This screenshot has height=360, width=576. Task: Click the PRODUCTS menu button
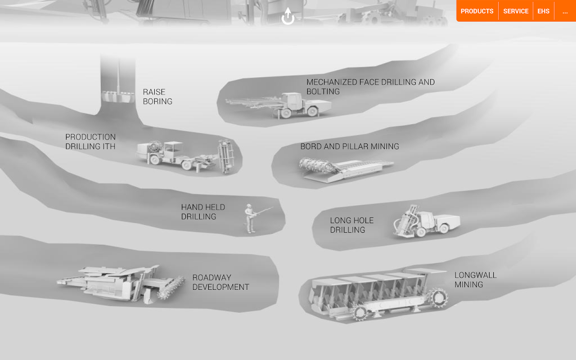477,11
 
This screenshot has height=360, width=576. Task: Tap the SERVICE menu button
516,11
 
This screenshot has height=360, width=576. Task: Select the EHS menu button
543,11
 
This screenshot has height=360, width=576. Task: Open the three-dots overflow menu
565,12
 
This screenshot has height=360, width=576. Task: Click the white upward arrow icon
288,16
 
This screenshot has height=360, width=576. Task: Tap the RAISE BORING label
157,97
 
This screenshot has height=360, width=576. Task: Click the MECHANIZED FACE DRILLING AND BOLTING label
370,87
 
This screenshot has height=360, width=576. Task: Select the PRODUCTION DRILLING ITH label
90,141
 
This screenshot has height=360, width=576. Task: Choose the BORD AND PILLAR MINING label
350,146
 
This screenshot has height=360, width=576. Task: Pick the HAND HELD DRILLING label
203,212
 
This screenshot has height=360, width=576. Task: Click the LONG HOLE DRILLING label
351,225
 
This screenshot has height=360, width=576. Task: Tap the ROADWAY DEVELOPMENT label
220,282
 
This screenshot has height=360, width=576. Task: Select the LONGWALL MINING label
476,280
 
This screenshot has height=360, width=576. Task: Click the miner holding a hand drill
250,219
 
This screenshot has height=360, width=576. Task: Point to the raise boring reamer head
118,96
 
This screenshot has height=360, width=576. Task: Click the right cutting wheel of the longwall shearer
438,298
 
